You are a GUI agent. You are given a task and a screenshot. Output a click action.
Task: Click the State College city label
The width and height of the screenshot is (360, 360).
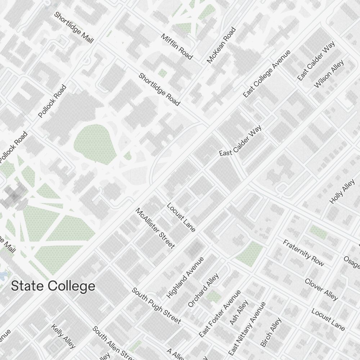pos(53,286)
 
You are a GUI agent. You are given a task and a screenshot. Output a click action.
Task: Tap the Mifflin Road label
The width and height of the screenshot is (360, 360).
pos(177,47)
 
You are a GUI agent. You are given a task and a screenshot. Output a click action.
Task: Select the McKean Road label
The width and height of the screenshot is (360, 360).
pos(221,45)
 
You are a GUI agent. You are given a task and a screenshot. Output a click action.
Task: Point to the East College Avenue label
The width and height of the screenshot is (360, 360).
pos(267,74)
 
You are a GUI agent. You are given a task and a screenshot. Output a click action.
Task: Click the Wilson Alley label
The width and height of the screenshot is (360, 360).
pos(329,74)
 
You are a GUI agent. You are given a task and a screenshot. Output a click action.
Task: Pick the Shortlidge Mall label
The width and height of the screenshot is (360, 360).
pos(73,28)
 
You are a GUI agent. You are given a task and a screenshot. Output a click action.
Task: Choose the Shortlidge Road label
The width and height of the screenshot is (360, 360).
pos(159,90)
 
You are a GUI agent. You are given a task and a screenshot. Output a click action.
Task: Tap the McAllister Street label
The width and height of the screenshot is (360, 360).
pos(155,228)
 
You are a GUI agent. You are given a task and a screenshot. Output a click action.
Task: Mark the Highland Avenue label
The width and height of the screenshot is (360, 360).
pos(185,278)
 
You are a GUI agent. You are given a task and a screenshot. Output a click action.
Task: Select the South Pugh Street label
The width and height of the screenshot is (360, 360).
pos(156,305)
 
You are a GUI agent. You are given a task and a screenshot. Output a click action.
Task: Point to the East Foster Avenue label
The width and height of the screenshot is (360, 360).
pos(220,314)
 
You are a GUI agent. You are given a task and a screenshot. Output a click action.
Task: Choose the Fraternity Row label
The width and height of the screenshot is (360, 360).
pos(303,253)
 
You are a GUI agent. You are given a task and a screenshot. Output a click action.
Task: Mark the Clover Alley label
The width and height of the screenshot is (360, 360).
pos(321,289)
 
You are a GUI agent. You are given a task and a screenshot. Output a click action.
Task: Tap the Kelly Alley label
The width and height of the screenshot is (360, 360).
pos(63,336)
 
